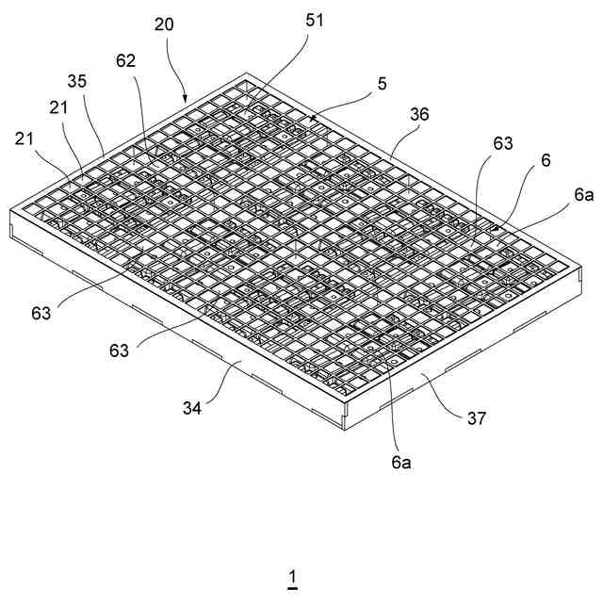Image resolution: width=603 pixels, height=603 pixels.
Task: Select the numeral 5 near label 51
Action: (x=382, y=83)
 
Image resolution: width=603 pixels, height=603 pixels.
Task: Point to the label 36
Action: (x=419, y=114)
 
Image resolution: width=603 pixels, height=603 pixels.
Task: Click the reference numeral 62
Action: (x=126, y=61)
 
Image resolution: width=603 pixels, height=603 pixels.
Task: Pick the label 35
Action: (x=77, y=81)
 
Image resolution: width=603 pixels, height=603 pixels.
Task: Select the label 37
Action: (x=477, y=417)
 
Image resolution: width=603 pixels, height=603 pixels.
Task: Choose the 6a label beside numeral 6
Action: (x=583, y=195)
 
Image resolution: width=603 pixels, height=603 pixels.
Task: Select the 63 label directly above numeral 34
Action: (x=119, y=350)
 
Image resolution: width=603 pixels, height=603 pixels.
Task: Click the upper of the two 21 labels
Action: (x=57, y=107)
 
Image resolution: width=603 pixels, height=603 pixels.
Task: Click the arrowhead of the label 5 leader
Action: (x=312, y=120)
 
